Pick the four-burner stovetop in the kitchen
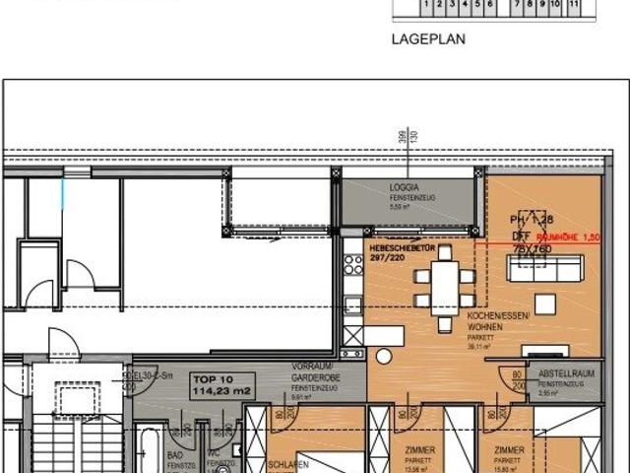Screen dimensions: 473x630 353,264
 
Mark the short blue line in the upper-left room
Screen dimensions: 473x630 65,193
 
